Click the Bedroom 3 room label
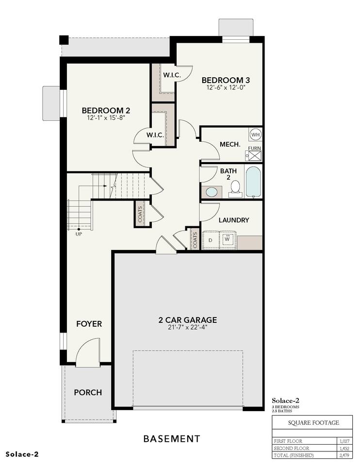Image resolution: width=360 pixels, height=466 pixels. tap(226, 80)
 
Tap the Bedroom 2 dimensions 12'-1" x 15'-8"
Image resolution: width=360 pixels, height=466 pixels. tap(106, 117)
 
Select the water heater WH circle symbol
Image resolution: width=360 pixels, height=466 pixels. tap(255, 134)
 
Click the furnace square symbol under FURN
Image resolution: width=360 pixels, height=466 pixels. tap(255, 155)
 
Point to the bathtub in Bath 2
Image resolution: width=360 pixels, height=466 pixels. tap(253, 182)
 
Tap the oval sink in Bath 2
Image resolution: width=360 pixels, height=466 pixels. tap(212, 192)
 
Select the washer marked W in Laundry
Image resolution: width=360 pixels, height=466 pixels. tap(227, 239)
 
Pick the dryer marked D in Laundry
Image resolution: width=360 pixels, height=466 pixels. tap(211, 240)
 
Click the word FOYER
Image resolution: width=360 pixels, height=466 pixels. tap(89, 324)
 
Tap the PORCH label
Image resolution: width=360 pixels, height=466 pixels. tap(88, 392)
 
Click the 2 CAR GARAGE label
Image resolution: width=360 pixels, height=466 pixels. tap(188, 320)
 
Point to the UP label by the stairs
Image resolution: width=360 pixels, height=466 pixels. tap(79, 234)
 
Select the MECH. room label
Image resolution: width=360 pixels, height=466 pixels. tap(230, 145)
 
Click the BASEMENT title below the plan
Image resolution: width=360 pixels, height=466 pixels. tap(172, 439)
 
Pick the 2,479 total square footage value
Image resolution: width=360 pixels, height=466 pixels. tap(344, 455)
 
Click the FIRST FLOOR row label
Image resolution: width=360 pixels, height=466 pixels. tap(288, 441)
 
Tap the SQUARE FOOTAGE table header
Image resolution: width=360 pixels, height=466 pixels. tap(313, 423)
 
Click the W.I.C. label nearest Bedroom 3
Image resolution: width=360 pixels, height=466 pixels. tap(172, 75)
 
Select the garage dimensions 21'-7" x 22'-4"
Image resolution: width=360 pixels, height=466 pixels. tap(187, 328)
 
